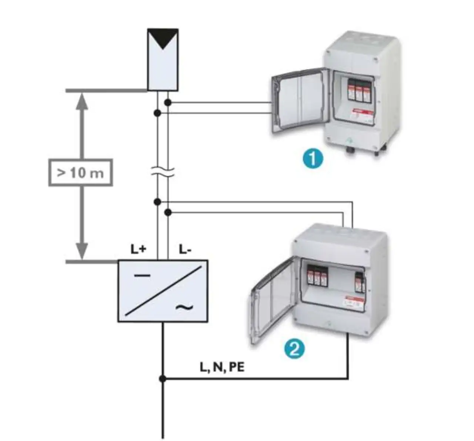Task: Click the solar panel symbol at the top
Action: (163, 59)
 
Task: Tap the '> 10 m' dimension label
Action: (80, 173)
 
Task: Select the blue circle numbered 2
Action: (294, 349)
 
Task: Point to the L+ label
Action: (138, 249)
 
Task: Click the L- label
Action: (185, 249)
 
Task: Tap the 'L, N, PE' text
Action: (222, 367)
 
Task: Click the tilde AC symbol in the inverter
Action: (184, 307)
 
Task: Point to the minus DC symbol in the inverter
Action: (142, 275)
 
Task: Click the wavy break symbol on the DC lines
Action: (163, 172)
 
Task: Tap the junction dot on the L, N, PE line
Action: (162, 379)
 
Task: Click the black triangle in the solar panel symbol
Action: (163, 40)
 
